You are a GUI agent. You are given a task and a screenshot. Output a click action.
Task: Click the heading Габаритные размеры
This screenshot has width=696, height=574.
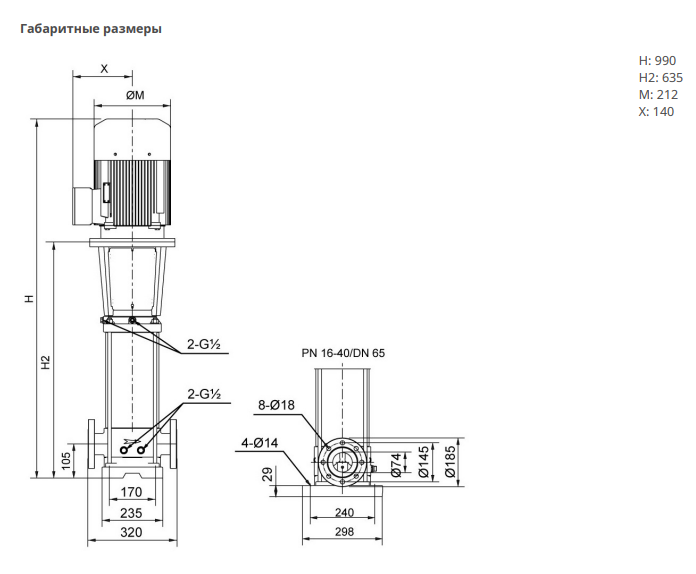pyautogui.click(x=91, y=29)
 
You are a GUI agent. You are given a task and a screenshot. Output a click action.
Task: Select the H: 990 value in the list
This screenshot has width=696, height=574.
pyautogui.click(x=657, y=60)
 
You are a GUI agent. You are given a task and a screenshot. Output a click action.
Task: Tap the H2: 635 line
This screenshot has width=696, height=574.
pyautogui.click(x=660, y=77)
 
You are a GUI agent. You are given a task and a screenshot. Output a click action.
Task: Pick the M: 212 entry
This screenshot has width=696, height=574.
pyautogui.click(x=659, y=94)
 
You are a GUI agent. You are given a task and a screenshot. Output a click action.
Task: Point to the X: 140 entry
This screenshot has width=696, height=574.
pyautogui.click(x=656, y=111)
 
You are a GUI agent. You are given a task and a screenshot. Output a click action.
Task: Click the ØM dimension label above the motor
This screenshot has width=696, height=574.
pyautogui.click(x=134, y=95)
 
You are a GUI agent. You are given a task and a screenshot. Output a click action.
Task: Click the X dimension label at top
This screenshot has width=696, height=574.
pyautogui.click(x=105, y=68)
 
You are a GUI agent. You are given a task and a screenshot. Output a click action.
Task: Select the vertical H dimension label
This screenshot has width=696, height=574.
pyautogui.click(x=30, y=297)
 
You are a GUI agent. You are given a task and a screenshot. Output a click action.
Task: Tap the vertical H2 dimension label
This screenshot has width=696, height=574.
pyautogui.click(x=46, y=362)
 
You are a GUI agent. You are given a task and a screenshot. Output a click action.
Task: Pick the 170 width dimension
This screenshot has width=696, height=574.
pyautogui.click(x=131, y=491)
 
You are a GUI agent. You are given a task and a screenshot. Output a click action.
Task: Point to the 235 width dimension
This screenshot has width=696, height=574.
pyautogui.click(x=131, y=512)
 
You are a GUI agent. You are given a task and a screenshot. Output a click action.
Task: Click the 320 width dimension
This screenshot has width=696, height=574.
pyautogui.click(x=131, y=533)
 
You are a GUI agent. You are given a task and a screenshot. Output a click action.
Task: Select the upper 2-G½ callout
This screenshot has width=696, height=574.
pyautogui.click(x=203, y=347)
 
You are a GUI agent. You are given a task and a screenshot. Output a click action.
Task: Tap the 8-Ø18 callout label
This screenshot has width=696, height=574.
pyautogui.click(x=277, y=405)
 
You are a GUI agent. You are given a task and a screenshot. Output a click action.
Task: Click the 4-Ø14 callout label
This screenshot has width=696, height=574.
pyautogui.click(x=260, y=442)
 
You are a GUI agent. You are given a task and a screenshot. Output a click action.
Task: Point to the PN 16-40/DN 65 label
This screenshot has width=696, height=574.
pyautogui.click(x=343, y=353)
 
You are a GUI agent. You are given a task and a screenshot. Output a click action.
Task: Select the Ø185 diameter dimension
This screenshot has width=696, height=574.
pyautogui.click(x=451, y=461)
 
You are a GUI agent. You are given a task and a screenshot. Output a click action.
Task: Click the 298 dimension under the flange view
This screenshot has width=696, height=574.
pyautogui.click(x=342, y=533)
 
